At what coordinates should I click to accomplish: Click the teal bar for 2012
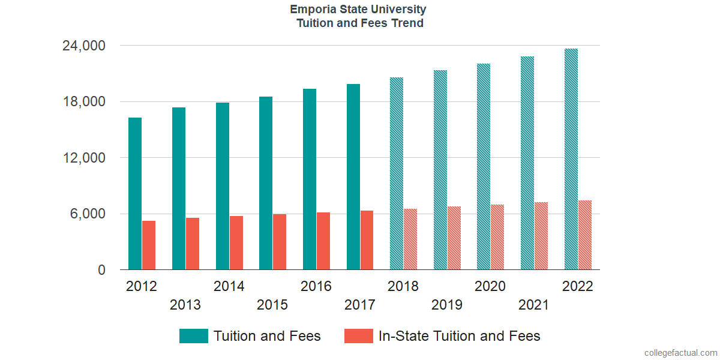click(x=135, y=194)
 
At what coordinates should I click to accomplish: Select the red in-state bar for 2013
click(x=193, y=244)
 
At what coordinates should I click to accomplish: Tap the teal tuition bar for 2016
click(x=310, y=179)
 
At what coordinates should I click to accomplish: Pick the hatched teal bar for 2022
click(x=571, y=159)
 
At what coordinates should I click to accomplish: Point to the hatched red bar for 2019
click(x=454, y=238)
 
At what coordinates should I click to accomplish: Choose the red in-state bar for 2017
click(x=367, y=240)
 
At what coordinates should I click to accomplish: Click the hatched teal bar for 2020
click(x=484, y=167)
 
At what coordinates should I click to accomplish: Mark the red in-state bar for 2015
click(x=280, y=242)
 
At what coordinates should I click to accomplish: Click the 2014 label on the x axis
click(x=229, y=286)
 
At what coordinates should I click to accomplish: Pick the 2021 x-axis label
click(x=533, y=305)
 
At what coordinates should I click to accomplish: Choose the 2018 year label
click(x=403, y=286)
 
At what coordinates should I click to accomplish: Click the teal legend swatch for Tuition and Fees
click(x=193, y=336)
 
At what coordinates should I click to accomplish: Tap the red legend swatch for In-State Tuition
click(x=358, y=336)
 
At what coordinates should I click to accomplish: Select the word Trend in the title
click(x=407, y=23)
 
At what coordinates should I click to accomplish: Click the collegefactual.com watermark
click(x=680, y=353)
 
